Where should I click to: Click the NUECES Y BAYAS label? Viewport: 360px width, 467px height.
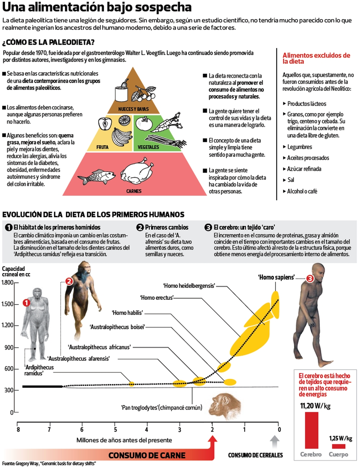[x=133, y=109]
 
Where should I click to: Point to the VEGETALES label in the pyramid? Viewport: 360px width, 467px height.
[x=148, y=147]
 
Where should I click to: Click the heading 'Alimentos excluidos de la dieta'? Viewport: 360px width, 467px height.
[x=316, y=58]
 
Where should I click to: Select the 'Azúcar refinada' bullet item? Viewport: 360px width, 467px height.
[x=304, y=169]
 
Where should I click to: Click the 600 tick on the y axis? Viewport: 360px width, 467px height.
[x=9, y=369]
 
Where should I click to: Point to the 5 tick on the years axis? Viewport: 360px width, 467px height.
[x=115, y=430]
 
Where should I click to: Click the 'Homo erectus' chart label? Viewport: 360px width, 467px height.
[x=157, y=298]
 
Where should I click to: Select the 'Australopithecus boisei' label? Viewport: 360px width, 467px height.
[x=117, y=327]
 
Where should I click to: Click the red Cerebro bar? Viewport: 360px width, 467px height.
[x=311, y=430]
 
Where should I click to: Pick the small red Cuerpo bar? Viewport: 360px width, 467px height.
[x=338, y=446]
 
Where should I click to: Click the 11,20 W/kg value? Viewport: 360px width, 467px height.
[x=315, y=406]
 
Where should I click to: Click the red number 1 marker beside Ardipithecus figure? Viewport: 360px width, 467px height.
[x=26, y=303]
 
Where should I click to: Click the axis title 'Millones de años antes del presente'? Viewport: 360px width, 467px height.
[x=124, y=440]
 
